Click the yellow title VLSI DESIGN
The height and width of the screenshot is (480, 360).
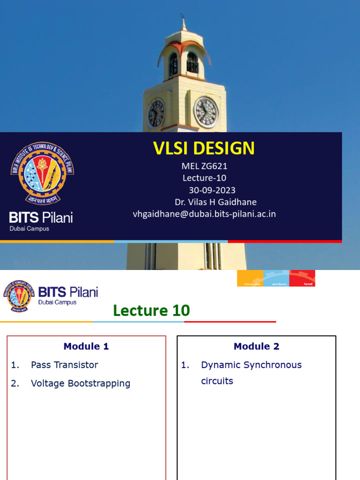click(204, 149)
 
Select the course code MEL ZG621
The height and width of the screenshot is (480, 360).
click(204, 166)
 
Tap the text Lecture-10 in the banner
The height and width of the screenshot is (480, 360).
click(204, 178)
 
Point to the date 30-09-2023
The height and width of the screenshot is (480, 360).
click(212, 190)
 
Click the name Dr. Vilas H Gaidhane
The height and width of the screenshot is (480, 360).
click(215, 202)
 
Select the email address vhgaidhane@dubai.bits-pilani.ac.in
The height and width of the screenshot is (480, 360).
click(204, 214)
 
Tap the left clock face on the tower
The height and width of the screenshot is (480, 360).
click(156, 113)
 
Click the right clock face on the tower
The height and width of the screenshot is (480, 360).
click(206, 112)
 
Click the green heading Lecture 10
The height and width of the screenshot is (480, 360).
click(151, 310)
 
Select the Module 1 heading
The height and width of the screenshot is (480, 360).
click(86, 346)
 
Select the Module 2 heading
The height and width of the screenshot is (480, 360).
click(256, 346)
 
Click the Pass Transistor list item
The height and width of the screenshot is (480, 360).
click(64, 365)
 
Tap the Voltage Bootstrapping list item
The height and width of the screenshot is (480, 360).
click(80, 383)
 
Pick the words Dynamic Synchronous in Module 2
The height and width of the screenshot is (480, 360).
click(251, 365)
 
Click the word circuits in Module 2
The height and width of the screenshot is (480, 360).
click(217, 381)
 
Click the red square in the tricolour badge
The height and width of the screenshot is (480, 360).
click(302, 278)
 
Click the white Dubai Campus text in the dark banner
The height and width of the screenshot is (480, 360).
click(30, 229)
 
